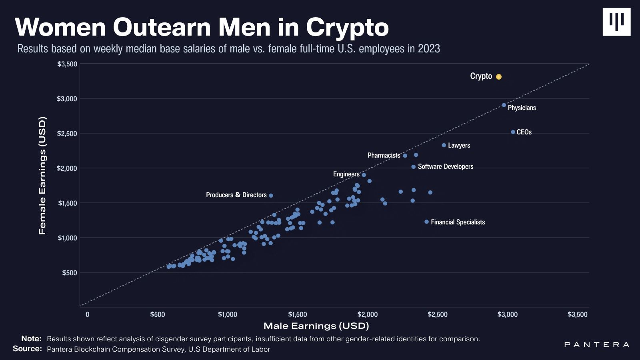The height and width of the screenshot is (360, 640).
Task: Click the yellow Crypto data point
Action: pyautogui.click(x=499, y=77)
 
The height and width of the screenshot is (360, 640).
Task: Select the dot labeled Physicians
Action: pyautogui.click(x=504, y=105)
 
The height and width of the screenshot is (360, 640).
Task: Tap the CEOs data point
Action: pyautogui.click(x=513, y=132)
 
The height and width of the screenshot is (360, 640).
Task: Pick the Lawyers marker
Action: pyautogui.click(x=444, y=145)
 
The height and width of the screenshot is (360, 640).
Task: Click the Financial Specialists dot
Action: pyautogui.click(x=426, y=222)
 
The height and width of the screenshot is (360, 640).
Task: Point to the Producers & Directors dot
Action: pyautogui.click(x=271, y=196)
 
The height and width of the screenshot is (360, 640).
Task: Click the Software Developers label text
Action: pyautogui.click(x=446, y=166)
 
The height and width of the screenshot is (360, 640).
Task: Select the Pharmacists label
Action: pyautogui.click(x=384, y=155)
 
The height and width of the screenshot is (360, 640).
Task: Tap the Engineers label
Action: pyautogui.click(x=346, y=174)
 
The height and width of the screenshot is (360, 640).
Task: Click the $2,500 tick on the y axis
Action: pyautogui.click(x=67, y=133)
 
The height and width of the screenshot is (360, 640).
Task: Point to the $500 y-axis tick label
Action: pyautogui.click(x=70, y=273)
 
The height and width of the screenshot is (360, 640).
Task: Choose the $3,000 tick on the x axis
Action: pyautogui.click(x=507, y=314)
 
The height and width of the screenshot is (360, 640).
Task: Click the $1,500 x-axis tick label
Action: pyautogui.click(x=297, y=314)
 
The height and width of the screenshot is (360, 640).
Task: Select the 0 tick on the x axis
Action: pyautogui.click(x=87, y=314)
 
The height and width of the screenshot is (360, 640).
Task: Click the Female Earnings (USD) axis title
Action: pyautogui.click(x=42, y=175)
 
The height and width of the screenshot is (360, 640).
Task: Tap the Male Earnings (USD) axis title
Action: pyautogui.click(x=316, y=326)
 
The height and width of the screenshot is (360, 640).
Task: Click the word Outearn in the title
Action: pyautogui.click(x=162, y=27)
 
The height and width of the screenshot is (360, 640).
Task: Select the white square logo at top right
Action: pyautogui.click(x=616, y=22)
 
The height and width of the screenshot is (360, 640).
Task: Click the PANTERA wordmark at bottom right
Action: pyautogui.click(x=596, y=344)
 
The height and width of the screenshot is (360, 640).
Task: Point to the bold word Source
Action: pyautogui.click(x=27, y=349)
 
